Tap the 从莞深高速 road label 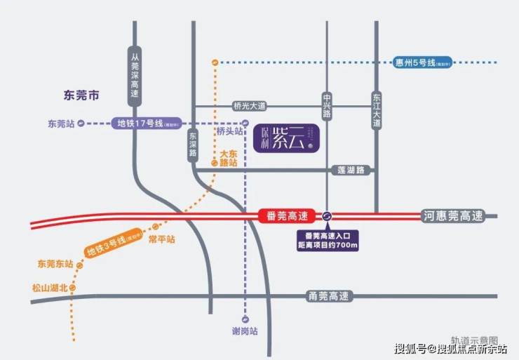[135, 73]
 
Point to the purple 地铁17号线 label [147, 124]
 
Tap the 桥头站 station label [229, 131]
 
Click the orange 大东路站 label [229, 157]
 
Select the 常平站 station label [161, 239]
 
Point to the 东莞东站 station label [55, 264]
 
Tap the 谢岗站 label [244, 332]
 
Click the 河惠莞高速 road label [453, 215]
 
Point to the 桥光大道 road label [250, 106]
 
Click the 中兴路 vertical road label [328, 105]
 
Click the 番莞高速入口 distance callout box [327, 239]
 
